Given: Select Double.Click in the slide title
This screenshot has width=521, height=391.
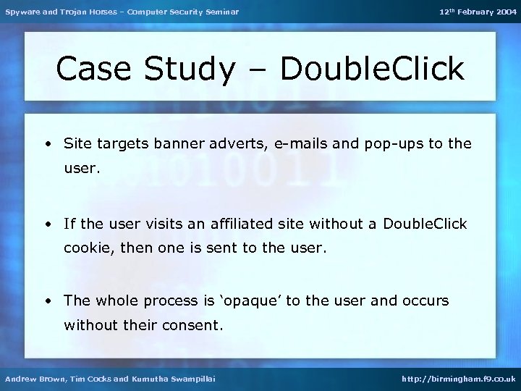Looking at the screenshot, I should pyautogui.click(x=371, y=69).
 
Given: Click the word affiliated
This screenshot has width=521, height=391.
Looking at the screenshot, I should pyautogui.click(x=244, y=224).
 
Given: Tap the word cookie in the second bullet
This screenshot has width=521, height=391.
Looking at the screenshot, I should pyautogui.click(x=87, y=249).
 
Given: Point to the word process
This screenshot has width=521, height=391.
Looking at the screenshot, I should pyautogui.click(x=174, y=301).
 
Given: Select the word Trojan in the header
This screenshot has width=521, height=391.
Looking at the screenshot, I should pyautogui.click(x=71, y=12).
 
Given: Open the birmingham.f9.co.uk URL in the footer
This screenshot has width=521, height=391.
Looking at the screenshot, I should pyautogui.click(x=459, y=379).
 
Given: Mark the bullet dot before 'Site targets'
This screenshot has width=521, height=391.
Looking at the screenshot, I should pyautogui.click(x=48, y=144).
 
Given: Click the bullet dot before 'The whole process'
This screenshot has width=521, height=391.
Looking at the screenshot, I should pyautogui.click(x=48, y=300).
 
